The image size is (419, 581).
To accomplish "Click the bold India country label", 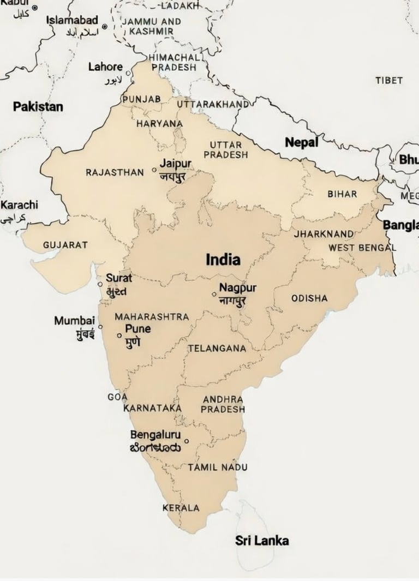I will click(x=223, y=260).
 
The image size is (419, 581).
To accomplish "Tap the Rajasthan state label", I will click(x=115, y=172).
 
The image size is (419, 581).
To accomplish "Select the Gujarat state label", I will click(x=65, y=245).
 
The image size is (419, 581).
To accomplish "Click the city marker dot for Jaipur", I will click(x=154, y=170).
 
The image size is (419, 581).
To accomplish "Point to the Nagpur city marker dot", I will click(x=214, y=294).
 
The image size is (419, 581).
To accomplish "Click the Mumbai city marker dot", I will click(x=100, y=327).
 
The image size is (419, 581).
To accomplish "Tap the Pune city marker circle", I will click(x=119, y=335).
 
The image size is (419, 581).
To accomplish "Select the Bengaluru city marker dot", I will click(x=187, y=441).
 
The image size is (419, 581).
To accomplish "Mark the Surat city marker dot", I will click(x=100, y=284).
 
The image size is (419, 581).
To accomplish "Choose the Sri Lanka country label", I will click(x=262, y=541).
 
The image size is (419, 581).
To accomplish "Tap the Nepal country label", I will click(x=301, y=142).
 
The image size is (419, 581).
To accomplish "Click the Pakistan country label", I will click(x=38, y=106).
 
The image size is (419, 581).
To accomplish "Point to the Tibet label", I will click(x=389, y=80).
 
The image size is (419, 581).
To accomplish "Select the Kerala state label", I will click(x=181, y=508).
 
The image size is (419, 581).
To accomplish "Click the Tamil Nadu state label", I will click(x=217, y=468).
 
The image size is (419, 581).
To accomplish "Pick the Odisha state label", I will click(x=309, y=298).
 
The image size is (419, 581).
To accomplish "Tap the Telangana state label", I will click(x=217, y=348).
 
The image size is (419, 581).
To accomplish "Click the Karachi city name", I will click(x=19, y=205).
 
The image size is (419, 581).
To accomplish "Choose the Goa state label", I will click(x=117, y=397).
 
